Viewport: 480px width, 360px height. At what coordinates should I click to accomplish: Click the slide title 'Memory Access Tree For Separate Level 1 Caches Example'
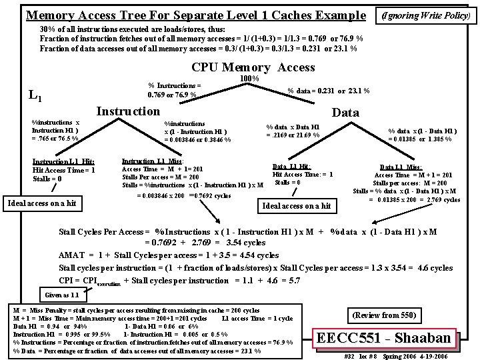click(x=195, y=15)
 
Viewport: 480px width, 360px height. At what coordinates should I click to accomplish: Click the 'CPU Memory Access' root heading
click(x=253, y=67)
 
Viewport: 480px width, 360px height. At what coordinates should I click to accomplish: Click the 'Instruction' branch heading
click(x=129, y=111)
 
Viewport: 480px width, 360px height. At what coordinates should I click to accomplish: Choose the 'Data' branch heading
click(x=345, y=113)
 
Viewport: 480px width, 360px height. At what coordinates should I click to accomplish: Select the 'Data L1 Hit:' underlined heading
click(x=291, y=167)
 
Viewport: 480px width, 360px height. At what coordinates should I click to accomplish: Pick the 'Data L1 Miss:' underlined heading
click(x=401, y=167)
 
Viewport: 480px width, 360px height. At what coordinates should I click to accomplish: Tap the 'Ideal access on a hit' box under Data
click(x=297, y=205)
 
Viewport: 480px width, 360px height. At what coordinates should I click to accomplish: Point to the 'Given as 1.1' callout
click(x=61, y=295)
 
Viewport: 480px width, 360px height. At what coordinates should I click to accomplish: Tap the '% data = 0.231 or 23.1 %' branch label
click(x=328, y=91)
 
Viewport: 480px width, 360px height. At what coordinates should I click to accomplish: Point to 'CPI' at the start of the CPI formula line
click(x=67, y=280)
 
